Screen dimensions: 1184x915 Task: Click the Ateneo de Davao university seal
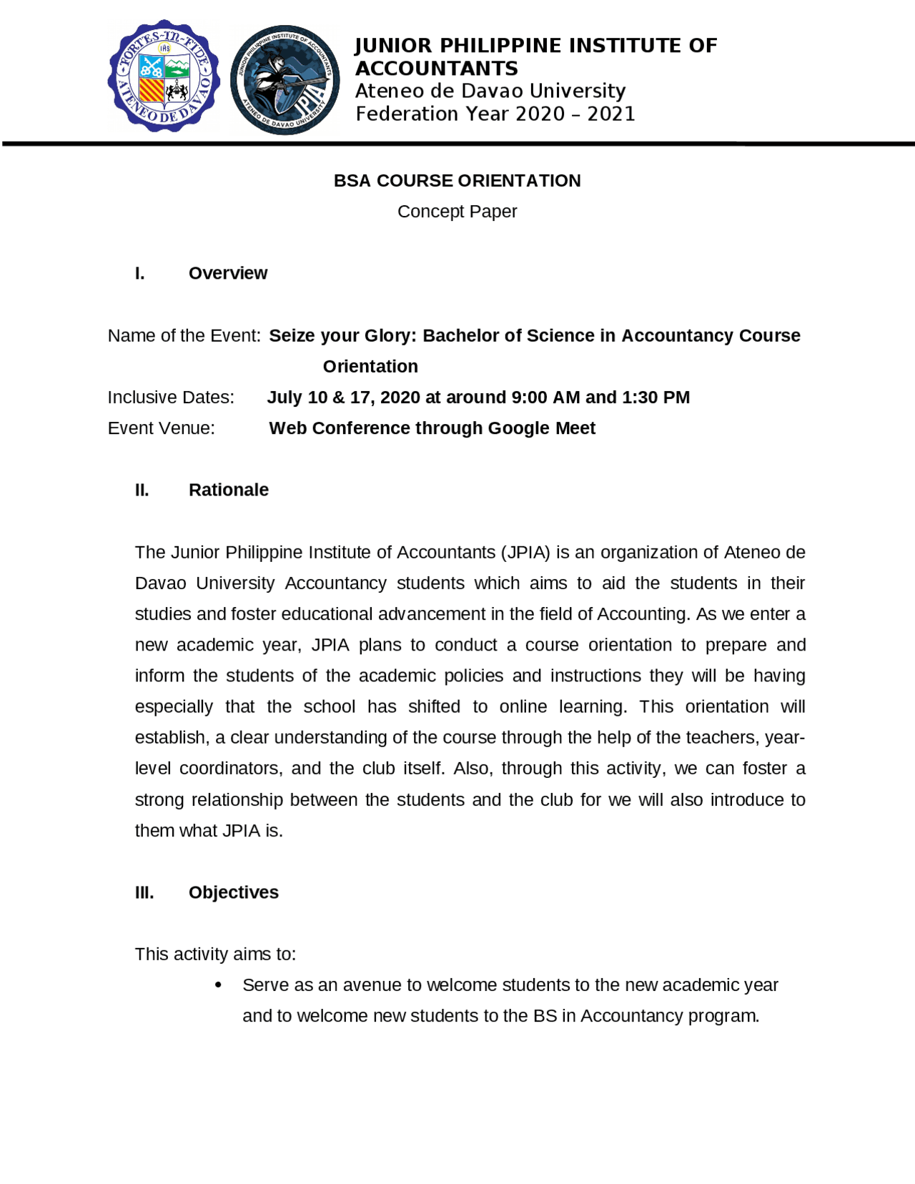[164, 76]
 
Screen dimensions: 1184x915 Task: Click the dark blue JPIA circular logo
[285, 79]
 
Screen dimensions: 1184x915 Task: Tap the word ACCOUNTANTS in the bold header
[436, 69]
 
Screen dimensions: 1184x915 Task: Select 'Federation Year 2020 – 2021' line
[495, 114]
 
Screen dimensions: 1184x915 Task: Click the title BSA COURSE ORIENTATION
[457, 181]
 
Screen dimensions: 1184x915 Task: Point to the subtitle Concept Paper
[457, 212]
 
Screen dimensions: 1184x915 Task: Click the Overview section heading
[227, 273]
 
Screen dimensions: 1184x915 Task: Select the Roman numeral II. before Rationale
[142, 490]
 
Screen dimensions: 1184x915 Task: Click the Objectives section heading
[233, 892]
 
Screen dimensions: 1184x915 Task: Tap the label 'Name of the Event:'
[184, 335]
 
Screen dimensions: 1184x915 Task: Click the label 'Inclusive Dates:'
[171, 398]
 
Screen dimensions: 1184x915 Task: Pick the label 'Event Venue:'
[161, 428]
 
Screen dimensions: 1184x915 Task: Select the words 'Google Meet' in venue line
[541, 428]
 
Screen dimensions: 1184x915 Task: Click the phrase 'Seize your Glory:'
[342, 335]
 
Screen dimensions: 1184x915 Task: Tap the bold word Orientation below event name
[370, 367]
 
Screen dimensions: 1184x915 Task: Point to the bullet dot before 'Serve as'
[218, 985]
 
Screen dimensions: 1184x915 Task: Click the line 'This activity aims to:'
[215, 954]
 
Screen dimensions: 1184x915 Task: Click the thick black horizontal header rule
[457, 144]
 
